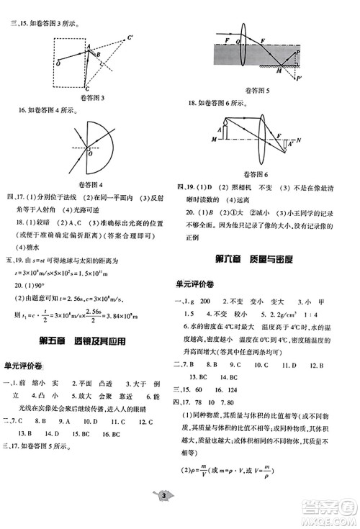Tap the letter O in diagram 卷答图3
click(x=57, y=63)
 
